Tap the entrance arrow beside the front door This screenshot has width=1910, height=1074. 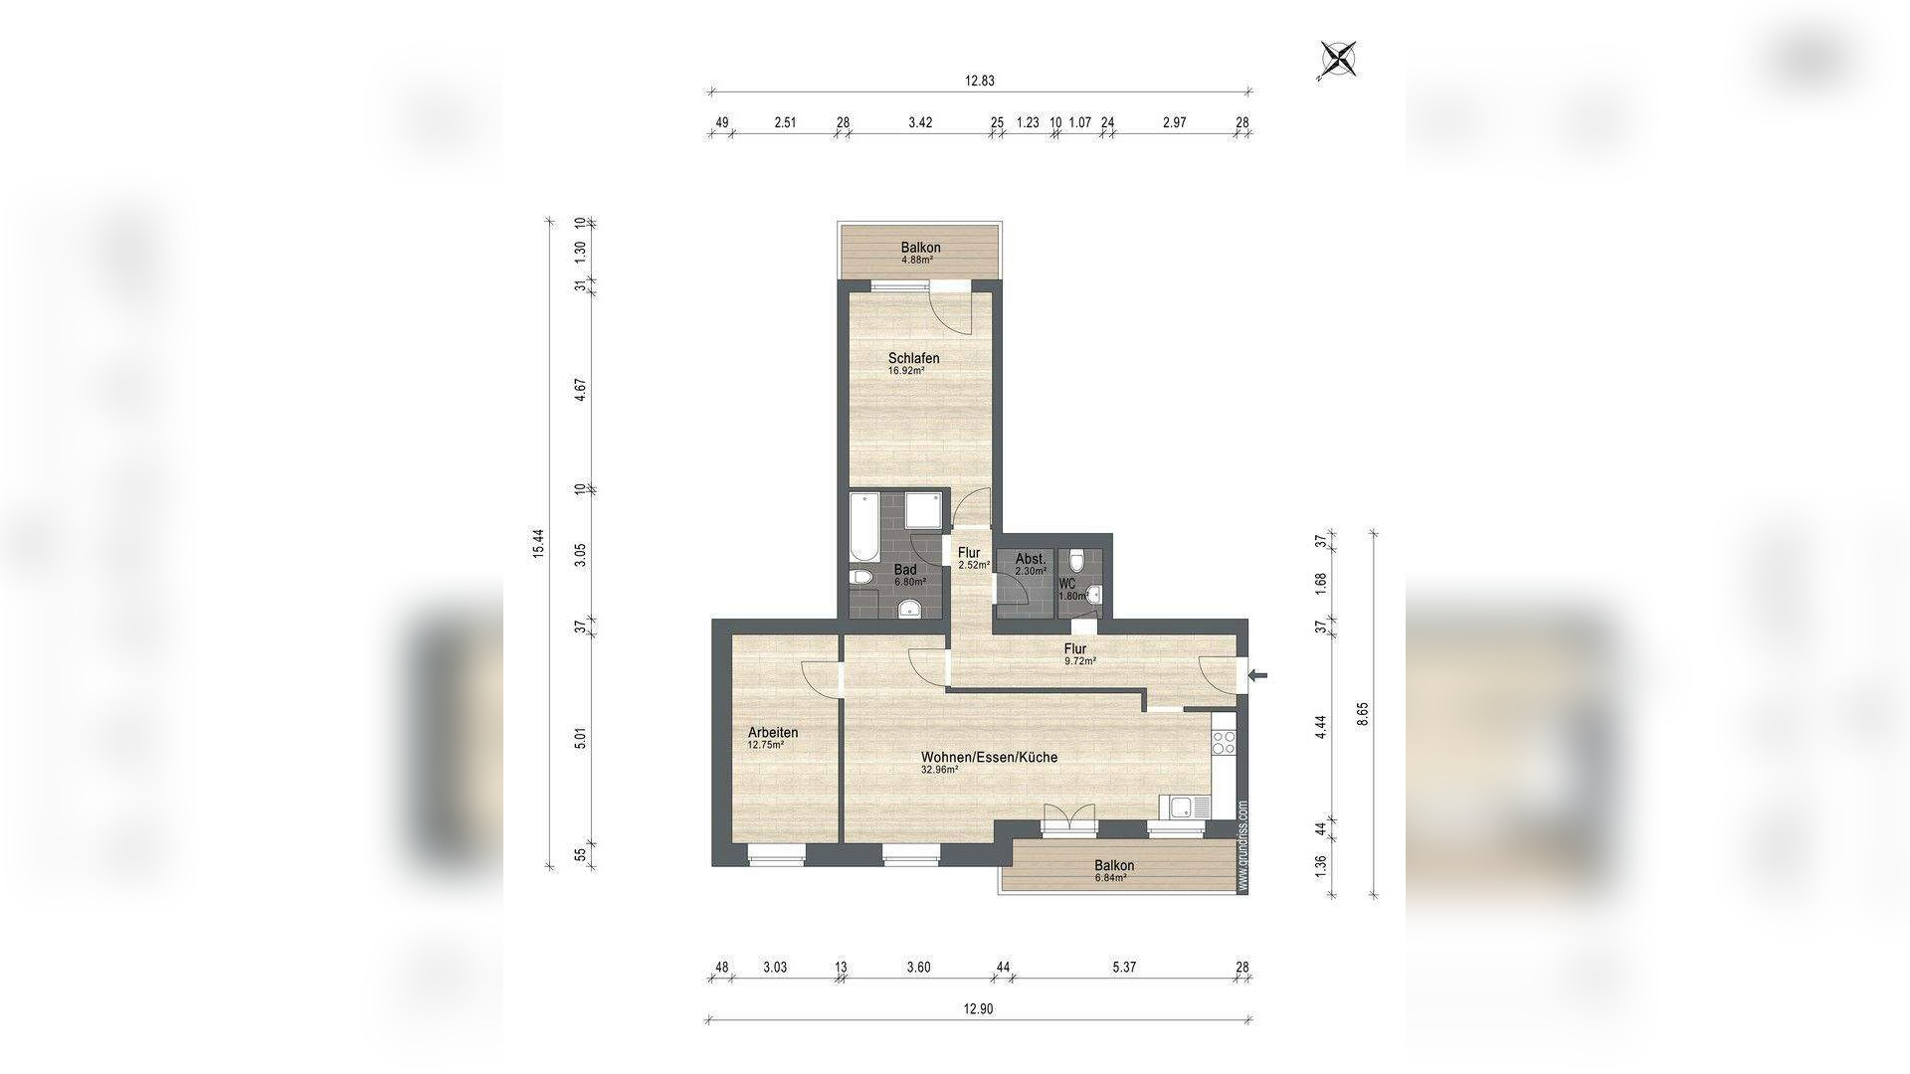[x=1258, y=676]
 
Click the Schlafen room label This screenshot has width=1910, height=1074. [x=913, y=358]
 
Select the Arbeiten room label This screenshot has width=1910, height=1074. [x=773, y=733]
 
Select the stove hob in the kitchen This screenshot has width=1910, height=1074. [x=1224, y=741]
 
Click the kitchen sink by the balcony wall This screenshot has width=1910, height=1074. [x=1186, y=807]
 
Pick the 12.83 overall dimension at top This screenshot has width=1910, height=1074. [x=979, y=82]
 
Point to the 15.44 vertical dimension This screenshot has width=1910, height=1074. [x=538, y=542]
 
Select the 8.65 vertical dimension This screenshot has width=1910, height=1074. [x=1363, y=714]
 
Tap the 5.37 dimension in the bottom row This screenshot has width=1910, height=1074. [x=1124, y=967]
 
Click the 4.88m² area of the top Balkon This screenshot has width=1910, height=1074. [x=916, y=261]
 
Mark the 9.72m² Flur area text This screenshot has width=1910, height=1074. [x=1079, y=661]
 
